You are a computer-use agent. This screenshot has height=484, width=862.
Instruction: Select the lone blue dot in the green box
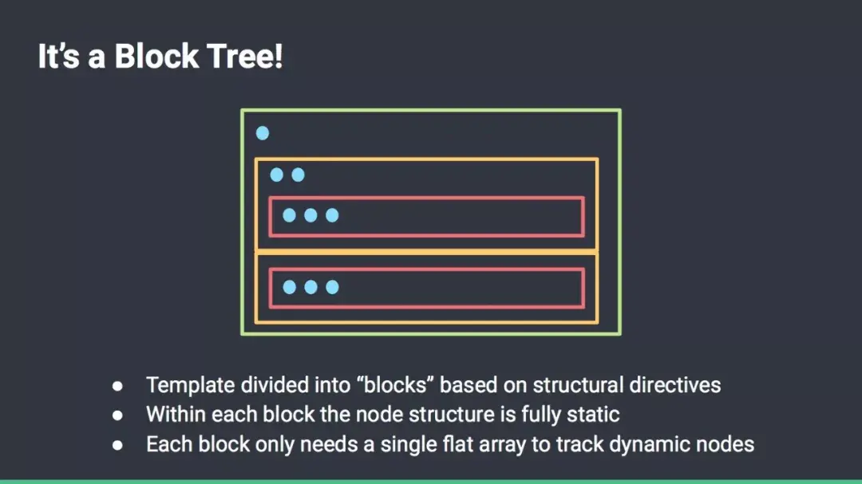[262, 133]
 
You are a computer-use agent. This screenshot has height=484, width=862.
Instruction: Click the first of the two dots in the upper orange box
[277, 175]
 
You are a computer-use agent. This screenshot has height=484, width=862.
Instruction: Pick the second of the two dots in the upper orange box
[298, 175]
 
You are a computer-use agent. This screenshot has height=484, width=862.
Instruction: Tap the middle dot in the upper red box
[310, 215]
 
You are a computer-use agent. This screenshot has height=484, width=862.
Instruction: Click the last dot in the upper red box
[332, 215]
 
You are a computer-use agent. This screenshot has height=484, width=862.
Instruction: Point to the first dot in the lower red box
[289, 287]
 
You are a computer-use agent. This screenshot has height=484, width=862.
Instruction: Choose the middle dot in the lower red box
[310, 287]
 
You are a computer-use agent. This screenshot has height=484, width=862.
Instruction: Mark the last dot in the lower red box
[332, 287]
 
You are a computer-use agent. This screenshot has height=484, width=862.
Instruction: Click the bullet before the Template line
[117, 386]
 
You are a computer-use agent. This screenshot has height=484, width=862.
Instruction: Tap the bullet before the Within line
[117, 415]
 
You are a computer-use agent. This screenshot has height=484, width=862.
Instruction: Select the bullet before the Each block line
[117, 445]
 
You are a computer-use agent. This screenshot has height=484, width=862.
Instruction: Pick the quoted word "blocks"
[396, 386]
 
